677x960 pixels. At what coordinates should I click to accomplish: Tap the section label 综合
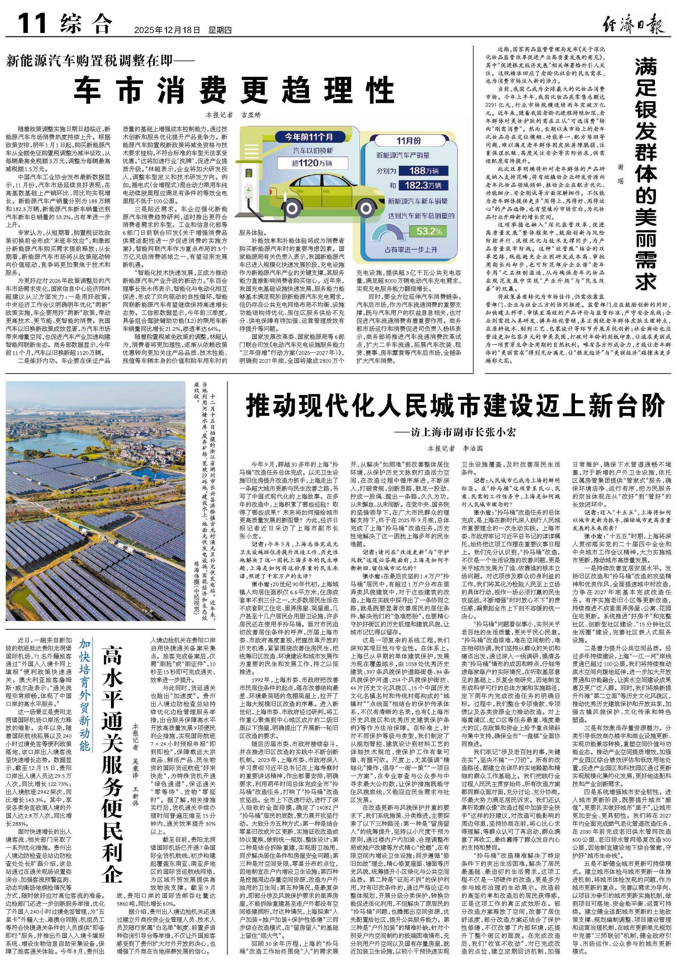(87, 24)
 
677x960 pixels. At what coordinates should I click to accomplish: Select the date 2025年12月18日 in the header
(167, 30)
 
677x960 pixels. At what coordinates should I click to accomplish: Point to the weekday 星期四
(220, 30)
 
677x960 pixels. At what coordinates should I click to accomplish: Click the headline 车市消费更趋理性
(235, 90)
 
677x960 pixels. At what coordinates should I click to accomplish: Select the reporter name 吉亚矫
(251, 115)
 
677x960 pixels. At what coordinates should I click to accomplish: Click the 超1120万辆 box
(311, 163)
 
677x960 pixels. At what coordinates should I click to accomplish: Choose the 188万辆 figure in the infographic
(424, 171)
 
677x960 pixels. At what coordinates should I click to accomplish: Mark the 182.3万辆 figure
(424, 185)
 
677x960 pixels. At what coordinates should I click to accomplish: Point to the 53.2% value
(429, 231)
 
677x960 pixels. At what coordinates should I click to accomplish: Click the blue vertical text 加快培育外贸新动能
(85, 695)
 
